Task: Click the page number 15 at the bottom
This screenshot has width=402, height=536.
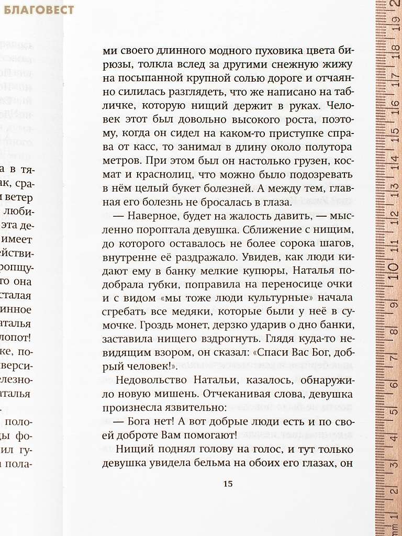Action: tap(228, 483)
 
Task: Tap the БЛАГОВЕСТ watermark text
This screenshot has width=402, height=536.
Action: tap(37, 9)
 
